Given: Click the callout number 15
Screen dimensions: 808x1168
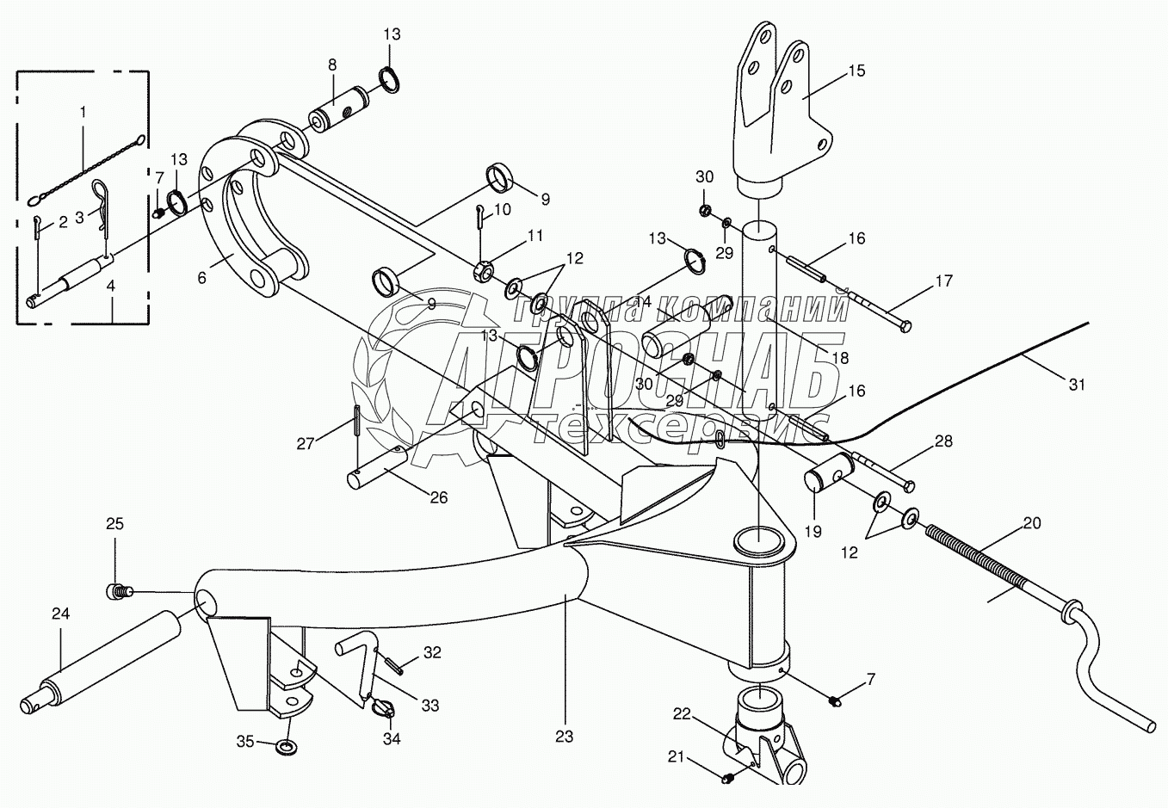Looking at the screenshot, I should (x=857, y=71).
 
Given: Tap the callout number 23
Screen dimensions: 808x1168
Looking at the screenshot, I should (x=565, y=737).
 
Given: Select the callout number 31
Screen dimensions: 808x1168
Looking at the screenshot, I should (x=1077, y=385).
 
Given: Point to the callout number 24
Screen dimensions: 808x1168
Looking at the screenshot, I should (x=59, y=614).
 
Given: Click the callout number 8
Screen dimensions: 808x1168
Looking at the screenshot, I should (x=332, y=65).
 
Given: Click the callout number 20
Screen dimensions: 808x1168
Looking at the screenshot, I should (x=1032, y=522).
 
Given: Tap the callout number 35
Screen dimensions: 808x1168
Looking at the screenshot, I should (x=246, y=741).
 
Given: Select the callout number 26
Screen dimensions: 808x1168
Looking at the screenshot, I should (x=439, y=497).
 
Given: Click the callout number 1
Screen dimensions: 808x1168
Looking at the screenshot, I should (x=83, y=112).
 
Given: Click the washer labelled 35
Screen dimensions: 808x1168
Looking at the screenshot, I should (x=284, y=743).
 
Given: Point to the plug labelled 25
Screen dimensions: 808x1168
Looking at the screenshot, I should (x=119, y=590).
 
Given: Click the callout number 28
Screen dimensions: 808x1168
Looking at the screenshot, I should (x=943, y=441).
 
